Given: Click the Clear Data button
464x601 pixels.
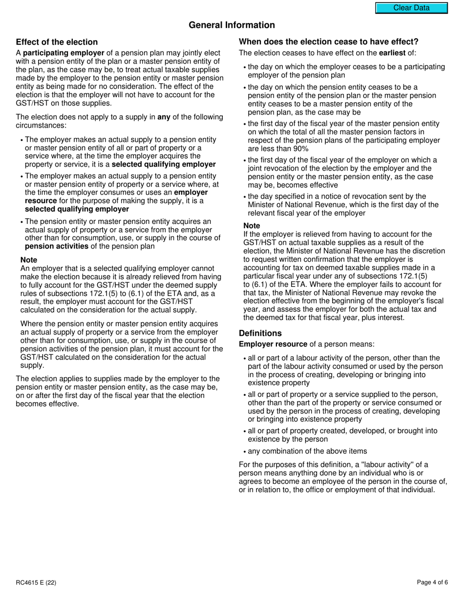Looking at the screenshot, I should pos(411,8).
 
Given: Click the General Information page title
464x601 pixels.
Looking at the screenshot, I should pos(232,25).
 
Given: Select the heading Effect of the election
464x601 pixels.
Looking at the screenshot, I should pos(57,42).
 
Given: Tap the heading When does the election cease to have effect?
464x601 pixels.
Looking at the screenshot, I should pos(328,42).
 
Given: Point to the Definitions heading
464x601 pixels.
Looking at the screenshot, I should pos(260,333).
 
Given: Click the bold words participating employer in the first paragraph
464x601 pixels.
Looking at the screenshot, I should pos(63,53).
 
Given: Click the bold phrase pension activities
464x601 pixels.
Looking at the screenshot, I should pos(57,246).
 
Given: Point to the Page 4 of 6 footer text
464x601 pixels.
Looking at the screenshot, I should pos(432,582).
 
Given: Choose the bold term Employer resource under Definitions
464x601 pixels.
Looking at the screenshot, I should pos(273,344).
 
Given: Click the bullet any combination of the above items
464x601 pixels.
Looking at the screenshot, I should pos(307,451).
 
